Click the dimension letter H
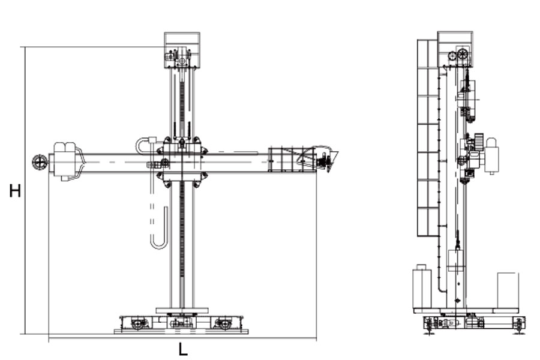15,191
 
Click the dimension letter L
183,350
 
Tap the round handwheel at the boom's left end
40,162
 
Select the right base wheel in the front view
223,323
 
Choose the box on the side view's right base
508,290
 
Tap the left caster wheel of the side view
429,325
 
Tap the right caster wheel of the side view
518,325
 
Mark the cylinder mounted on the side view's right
492,156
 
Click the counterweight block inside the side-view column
457,261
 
